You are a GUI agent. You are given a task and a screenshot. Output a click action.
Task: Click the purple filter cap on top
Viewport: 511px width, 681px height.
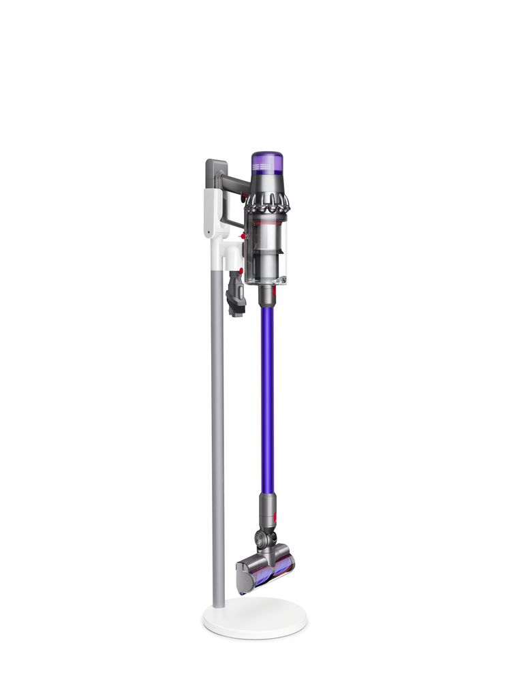coord(267,163)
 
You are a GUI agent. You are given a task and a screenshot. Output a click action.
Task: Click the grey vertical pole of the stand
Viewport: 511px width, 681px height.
coord(218,443)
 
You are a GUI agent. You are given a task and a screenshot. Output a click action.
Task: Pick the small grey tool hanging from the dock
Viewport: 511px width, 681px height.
coord(236,293)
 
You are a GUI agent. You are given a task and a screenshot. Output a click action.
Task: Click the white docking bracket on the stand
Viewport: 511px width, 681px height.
coord(217,218)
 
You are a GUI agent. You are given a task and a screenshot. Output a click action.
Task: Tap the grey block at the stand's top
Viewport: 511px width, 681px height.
coord(215,174)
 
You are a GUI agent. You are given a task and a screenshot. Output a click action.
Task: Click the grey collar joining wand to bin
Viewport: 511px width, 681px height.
coord(267,294)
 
